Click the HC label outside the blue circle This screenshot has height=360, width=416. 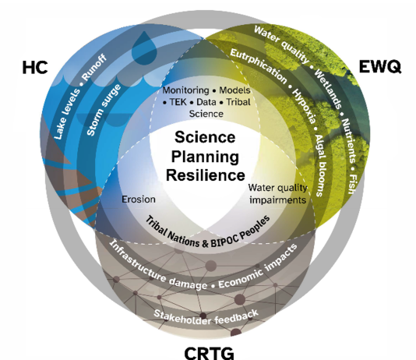[35, 67]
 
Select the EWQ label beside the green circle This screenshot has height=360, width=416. [379, 66]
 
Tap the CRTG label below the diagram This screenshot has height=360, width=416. [210, 353]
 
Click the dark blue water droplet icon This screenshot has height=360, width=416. [144, 48]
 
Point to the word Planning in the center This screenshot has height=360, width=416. [205, 157]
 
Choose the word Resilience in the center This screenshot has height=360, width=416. [206, 175]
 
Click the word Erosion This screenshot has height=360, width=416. [139, 199]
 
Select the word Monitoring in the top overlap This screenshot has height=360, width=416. [185, 90]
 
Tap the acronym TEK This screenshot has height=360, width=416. [178, 102]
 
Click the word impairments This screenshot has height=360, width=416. [278, 199]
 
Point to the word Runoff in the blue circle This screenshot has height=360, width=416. [94, 68]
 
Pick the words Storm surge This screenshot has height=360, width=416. [104, 110]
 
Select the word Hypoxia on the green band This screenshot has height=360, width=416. [304, 106]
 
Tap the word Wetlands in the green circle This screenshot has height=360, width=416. [328, 89]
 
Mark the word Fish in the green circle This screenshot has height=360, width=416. [352, 184]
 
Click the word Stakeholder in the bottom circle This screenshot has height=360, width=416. [182, 317]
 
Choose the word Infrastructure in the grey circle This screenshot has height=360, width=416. [137, 261]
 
